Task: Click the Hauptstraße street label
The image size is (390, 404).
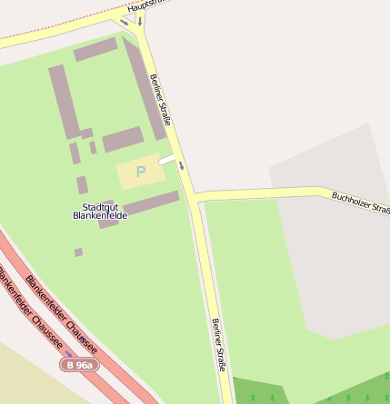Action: pyautogui.click(x=147, y=5)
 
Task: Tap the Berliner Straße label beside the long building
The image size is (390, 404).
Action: pyautogui.click(x=161, y=99)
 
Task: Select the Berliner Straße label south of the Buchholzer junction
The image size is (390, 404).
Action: pyautogui.click(x=218, y=345)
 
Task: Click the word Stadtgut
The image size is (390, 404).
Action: pyautogui.click(x=95, y=207)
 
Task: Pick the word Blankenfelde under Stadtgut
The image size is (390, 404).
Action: pyautogui.click(x=100, y=216)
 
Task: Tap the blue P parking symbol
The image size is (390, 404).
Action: pyautogui.click(x=140, y=171)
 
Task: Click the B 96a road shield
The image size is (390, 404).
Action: pyautogui.click(x=78, y=364)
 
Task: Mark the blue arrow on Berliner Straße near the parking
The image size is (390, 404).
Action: pyautogui.click(x=182, y=165)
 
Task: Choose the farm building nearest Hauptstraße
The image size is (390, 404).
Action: pyautogui.click(x=95, y=49)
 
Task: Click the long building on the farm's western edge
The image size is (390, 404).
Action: pyautogui.click(x=63, y=101)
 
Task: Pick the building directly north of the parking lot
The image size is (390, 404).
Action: pyautogui.click(x=123, y=140)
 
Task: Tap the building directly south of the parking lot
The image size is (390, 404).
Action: pyautogui.click(x=149, y=202)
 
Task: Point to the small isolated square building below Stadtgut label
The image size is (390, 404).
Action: pyautogui.click(x=79, y=252)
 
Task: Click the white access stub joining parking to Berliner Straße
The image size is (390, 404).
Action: pyautogui.click(x=167, y=160)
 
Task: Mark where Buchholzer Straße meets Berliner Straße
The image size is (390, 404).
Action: pyautogui.click(x=195, y=196)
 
